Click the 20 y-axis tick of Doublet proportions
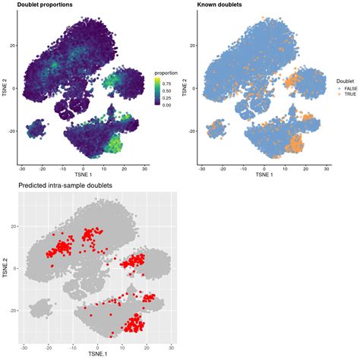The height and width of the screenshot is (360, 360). (13, 46)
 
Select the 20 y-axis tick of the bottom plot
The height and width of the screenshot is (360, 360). (13, 226)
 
